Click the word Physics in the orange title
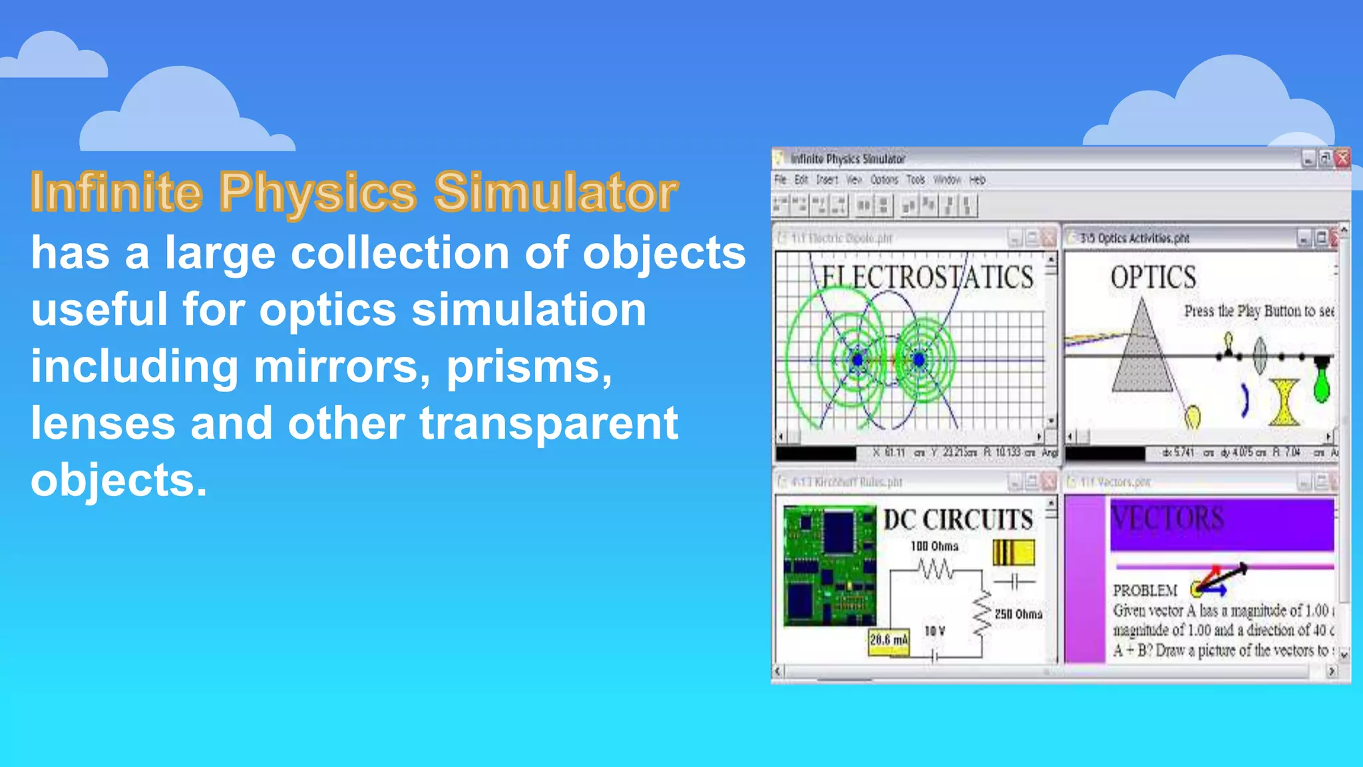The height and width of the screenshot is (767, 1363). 317,193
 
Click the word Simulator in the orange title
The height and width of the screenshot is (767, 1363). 555,192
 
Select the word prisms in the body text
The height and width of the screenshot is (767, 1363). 528,368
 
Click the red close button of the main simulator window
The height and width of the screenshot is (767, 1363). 1342,158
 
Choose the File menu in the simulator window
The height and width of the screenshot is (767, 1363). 780,180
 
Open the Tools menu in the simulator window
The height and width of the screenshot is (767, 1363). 916,180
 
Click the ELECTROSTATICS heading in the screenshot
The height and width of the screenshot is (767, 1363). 927,277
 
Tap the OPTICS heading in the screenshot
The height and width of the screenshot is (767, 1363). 1153,278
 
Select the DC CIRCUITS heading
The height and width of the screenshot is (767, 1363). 958,520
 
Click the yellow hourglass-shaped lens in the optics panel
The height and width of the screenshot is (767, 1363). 1284,402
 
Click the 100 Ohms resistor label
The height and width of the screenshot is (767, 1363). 934,547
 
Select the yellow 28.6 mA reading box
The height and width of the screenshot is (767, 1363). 888,640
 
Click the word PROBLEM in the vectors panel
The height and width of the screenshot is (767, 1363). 1145,591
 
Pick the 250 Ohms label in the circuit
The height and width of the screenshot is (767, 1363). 1018,614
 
